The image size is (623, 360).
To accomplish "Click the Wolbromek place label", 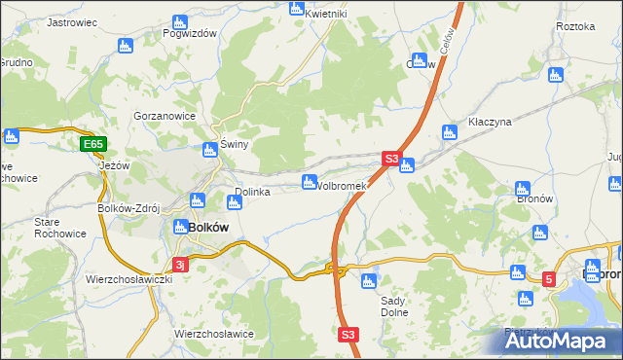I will click(x=341, y=186).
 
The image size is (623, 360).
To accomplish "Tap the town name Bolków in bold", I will click(x=206, y=227).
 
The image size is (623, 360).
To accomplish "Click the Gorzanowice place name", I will click(x=165, y=116).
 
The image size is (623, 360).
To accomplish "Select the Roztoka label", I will click(x=574, y=26).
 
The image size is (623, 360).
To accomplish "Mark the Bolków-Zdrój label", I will click(x=128, y=208).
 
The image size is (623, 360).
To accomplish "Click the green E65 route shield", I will click(x=92, y=145).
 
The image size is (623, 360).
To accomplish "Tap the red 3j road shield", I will click(x=179, y=264).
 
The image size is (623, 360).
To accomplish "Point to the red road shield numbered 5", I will click(x=548, y=280).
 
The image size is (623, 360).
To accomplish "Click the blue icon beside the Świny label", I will click(x=209, y=150).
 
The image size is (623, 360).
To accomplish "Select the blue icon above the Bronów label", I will click(x=523, y=189).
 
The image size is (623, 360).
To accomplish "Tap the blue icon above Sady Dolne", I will click(x=368, y=282).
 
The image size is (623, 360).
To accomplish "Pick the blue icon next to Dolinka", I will click(x=234, y=202).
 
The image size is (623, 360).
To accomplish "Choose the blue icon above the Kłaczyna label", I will click(x=449, y=132).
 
